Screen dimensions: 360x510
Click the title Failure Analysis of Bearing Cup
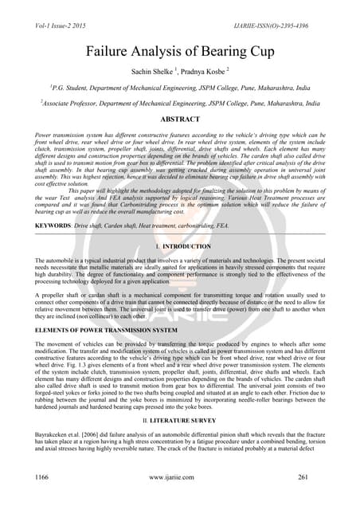[x=180, y=50]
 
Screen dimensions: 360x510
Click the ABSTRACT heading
[x=180, y=118]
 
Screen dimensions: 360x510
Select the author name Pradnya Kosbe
[x=205, y=70]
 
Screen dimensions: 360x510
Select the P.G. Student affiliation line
[x=180, y=87]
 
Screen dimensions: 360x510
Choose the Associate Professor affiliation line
[x=180, y=103]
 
